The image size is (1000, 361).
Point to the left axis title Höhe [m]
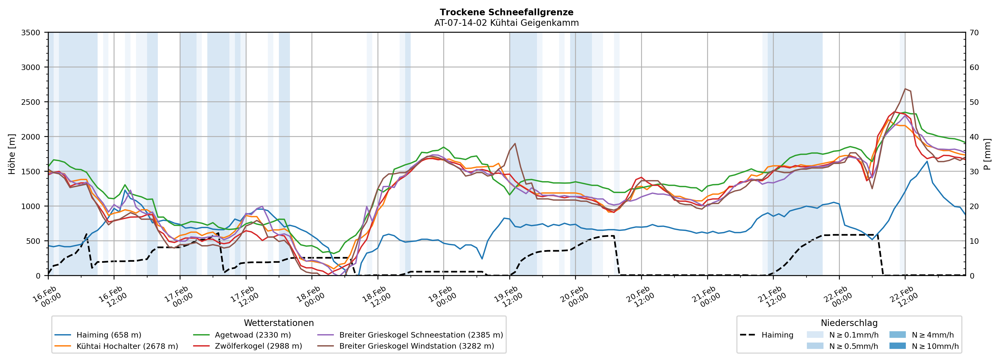pyautogui.click(x=12, y=154)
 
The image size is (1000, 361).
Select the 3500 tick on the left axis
pyautogui.click(x=31, y=33)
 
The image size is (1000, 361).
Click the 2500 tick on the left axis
pyautogui.click(x=31, y=102)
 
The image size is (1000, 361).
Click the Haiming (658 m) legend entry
pyautogui.click(x=109, y=335)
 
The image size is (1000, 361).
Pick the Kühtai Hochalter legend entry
pyautogui.click(x=127, y=346)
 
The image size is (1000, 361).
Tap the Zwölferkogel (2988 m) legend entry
pyautogui.click(x=258, y=346)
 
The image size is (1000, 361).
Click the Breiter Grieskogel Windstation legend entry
pyautogui.click(x=416, y=346)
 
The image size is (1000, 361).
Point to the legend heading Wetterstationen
pyautogui.click(x=279, y=323)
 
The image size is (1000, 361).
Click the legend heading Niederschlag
pyautogui.click(x=849, y=323)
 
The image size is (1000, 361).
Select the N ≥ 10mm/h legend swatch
pyautogui.click(x=897, y=346)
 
